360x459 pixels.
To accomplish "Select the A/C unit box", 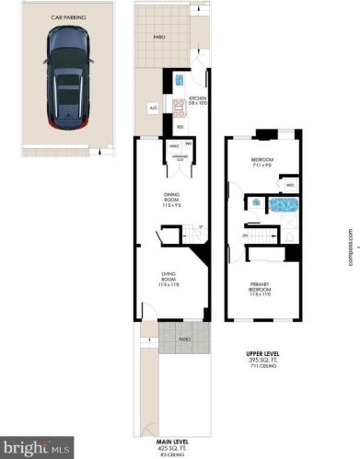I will coord(151,108).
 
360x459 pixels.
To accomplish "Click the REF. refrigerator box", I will coord(180,126).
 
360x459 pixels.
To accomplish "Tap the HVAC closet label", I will coord(172,145).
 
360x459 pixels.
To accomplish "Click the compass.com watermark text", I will coord(352,244).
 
